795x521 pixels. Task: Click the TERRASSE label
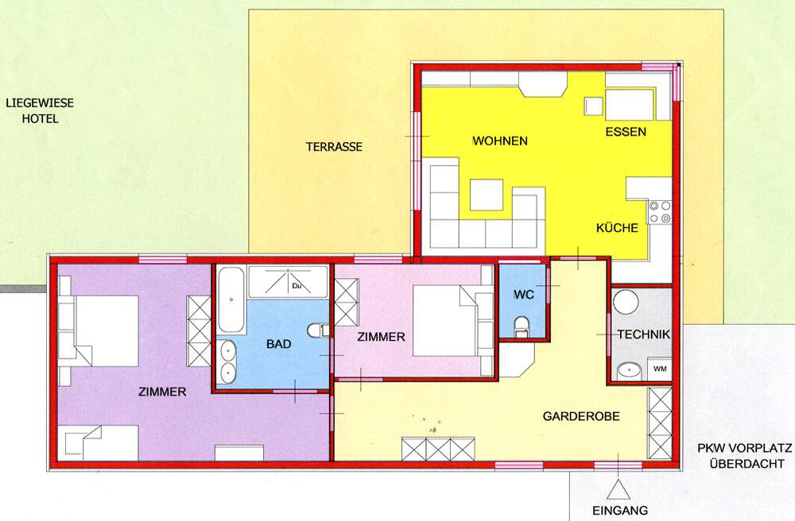[334, 147]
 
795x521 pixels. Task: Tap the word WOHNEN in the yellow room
[500, 141]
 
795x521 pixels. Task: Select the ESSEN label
[626, 132]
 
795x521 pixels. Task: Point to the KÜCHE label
[617, 228]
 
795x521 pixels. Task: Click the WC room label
[524, 295]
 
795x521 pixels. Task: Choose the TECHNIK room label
[644, 334]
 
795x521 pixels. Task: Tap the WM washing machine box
[660, 369]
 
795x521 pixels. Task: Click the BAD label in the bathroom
[279, 345]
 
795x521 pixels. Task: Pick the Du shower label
[297, 286]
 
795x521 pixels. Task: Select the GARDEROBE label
[581, 416]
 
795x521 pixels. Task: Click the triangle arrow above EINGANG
[618, 489]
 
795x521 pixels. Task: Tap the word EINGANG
[620, 511]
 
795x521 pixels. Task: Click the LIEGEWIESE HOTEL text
[40, 111]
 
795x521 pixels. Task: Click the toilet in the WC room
[522, 326]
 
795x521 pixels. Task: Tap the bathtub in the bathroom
[231, 299]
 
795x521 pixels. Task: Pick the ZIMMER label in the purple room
[162, 392]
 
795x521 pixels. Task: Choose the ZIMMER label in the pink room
[382, 337]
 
